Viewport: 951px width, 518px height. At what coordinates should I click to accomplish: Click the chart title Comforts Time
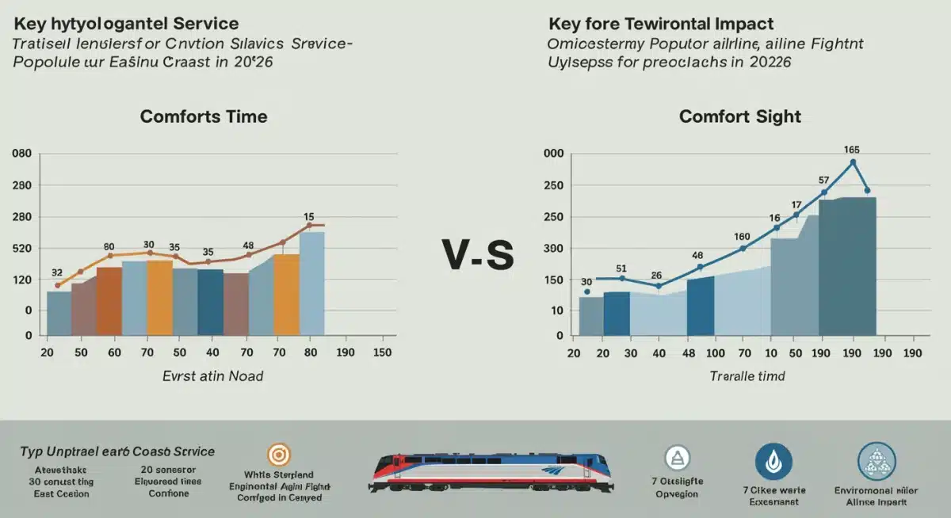tap(204, 116)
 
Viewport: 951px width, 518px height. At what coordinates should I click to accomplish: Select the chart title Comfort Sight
tap(740, 116)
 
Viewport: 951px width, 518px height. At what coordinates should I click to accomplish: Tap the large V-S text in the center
tap(478, 255)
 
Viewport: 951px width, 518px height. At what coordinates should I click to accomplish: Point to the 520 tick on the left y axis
tap(21, 249)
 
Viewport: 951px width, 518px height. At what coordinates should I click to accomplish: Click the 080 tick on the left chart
tap(21, 154)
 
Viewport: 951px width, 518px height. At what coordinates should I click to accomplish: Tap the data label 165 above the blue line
tap(852, 149)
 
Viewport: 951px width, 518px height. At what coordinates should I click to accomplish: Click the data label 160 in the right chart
tap(742, 236)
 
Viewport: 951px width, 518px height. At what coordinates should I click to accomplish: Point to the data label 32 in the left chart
tap(56, 272)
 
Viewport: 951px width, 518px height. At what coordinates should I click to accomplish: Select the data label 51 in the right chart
tap(621, 268)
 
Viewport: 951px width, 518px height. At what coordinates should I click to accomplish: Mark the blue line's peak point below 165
tap(853, 162)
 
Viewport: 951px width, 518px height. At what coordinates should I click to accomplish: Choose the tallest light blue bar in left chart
tap(312, 283)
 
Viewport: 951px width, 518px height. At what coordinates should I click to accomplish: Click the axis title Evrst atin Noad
tap(212, 376)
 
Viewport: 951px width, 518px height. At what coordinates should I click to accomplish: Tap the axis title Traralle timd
tap(747, 376)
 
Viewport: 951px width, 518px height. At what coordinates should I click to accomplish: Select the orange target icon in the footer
tap(277, 455)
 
